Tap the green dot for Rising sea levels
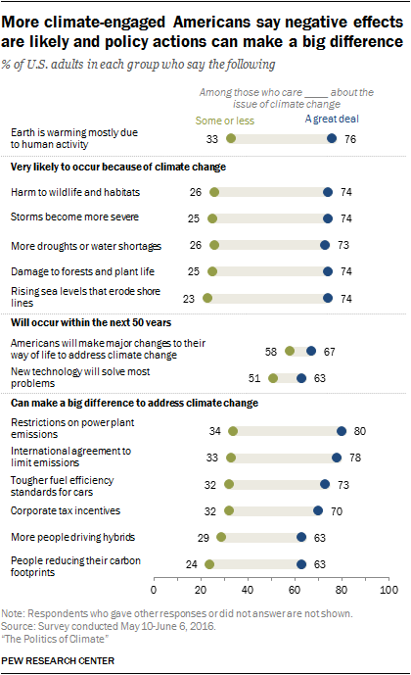[x=207, y=297]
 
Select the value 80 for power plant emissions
[x=358, y=430]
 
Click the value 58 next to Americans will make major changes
[x=269, y=350]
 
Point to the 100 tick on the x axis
[x=388, y=591]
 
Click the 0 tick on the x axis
[x=154, y=591]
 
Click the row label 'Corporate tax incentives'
[x=65, y=510]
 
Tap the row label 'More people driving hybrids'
[x=71, y=537]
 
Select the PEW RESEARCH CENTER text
[x=60, y=661]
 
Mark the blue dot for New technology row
[x=301, y=377]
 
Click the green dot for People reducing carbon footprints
[x=209, y=564]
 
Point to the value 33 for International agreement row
[x=213, y=457]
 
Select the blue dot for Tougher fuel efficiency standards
[x=325, y=484]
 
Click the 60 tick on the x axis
[x=295, y=591]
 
